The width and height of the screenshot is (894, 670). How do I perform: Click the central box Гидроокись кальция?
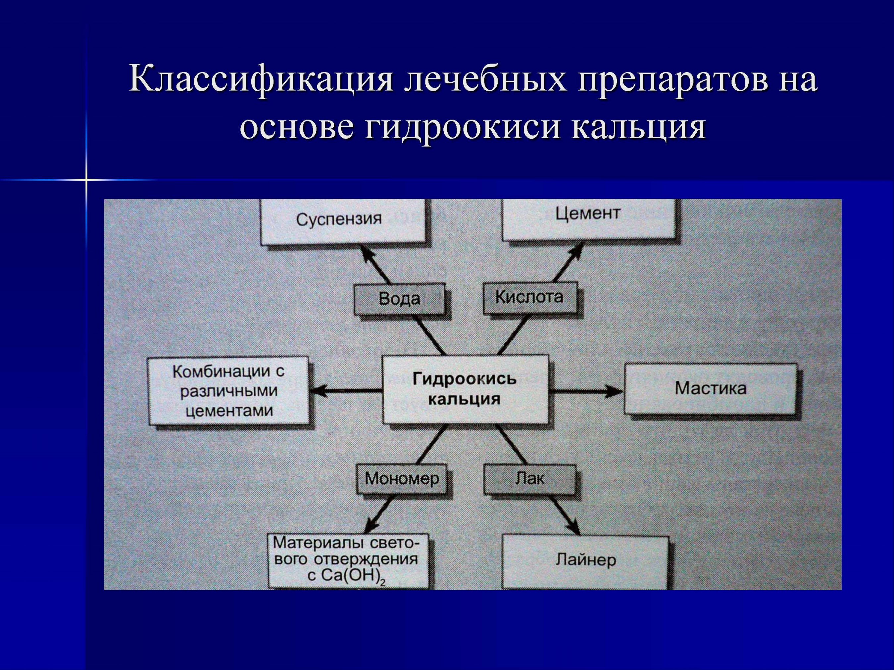466,389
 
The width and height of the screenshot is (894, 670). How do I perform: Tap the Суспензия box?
343,222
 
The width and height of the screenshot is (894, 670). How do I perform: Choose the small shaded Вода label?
399,299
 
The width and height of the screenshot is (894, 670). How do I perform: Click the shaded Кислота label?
529,297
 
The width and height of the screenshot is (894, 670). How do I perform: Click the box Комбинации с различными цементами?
228,390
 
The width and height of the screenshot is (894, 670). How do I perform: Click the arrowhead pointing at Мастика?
614,390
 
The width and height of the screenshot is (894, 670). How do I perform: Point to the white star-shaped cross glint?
86,179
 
